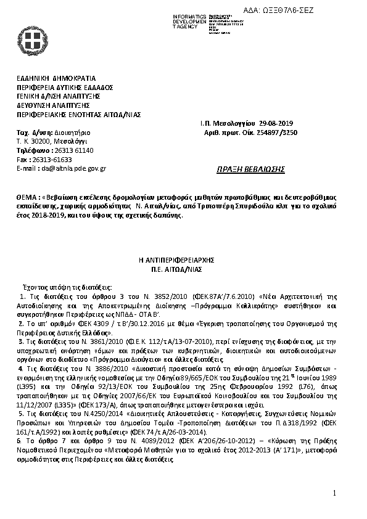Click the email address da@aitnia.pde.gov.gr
pyautogui.click(x=73, y=168)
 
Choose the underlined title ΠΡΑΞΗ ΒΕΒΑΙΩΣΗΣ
pyautogui.click(x=246, y=170)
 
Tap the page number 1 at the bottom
pyautogui.click(x=334, y=493)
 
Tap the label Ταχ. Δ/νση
pyautogui.click(x=31, y=133)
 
